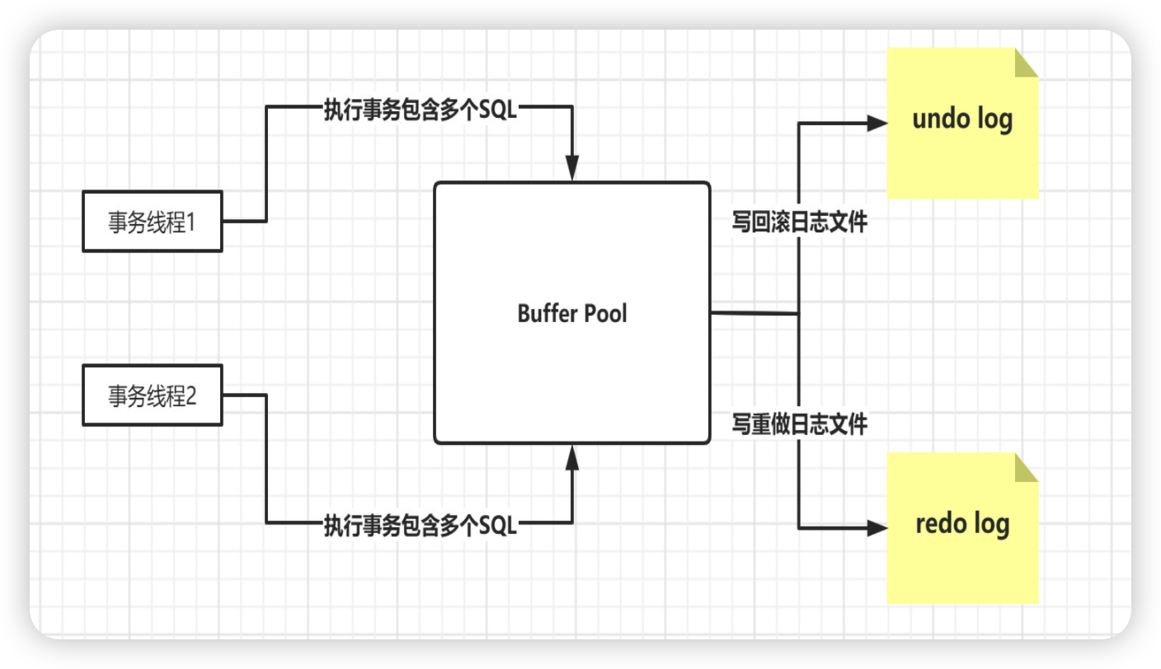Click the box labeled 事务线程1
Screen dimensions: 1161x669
click(153, 221)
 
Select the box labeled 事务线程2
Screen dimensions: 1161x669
click(153, 395)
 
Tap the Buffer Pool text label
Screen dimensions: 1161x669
click(572, 313)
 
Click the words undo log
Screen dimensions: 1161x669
click(962, 119)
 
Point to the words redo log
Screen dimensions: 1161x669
click(962, 524)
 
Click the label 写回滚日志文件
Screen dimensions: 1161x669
click(800, 222)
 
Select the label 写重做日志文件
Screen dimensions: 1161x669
click(800, 423)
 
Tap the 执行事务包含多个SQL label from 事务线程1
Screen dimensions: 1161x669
click(421, 110)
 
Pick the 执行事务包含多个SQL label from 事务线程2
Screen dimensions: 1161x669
click(421, 526)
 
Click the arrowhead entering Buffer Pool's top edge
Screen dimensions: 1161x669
click(572, 168)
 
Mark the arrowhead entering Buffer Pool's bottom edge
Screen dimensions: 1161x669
click(572, 457)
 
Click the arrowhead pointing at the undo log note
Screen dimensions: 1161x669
click(877, 124)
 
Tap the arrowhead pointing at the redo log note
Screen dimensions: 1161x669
click(877, 528)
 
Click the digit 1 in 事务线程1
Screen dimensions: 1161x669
click(190, 222)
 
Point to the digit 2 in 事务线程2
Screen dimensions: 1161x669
click(190, 396)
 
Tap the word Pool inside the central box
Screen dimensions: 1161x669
click(606, 313)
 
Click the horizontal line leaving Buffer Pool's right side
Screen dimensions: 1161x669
click(754, 313)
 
